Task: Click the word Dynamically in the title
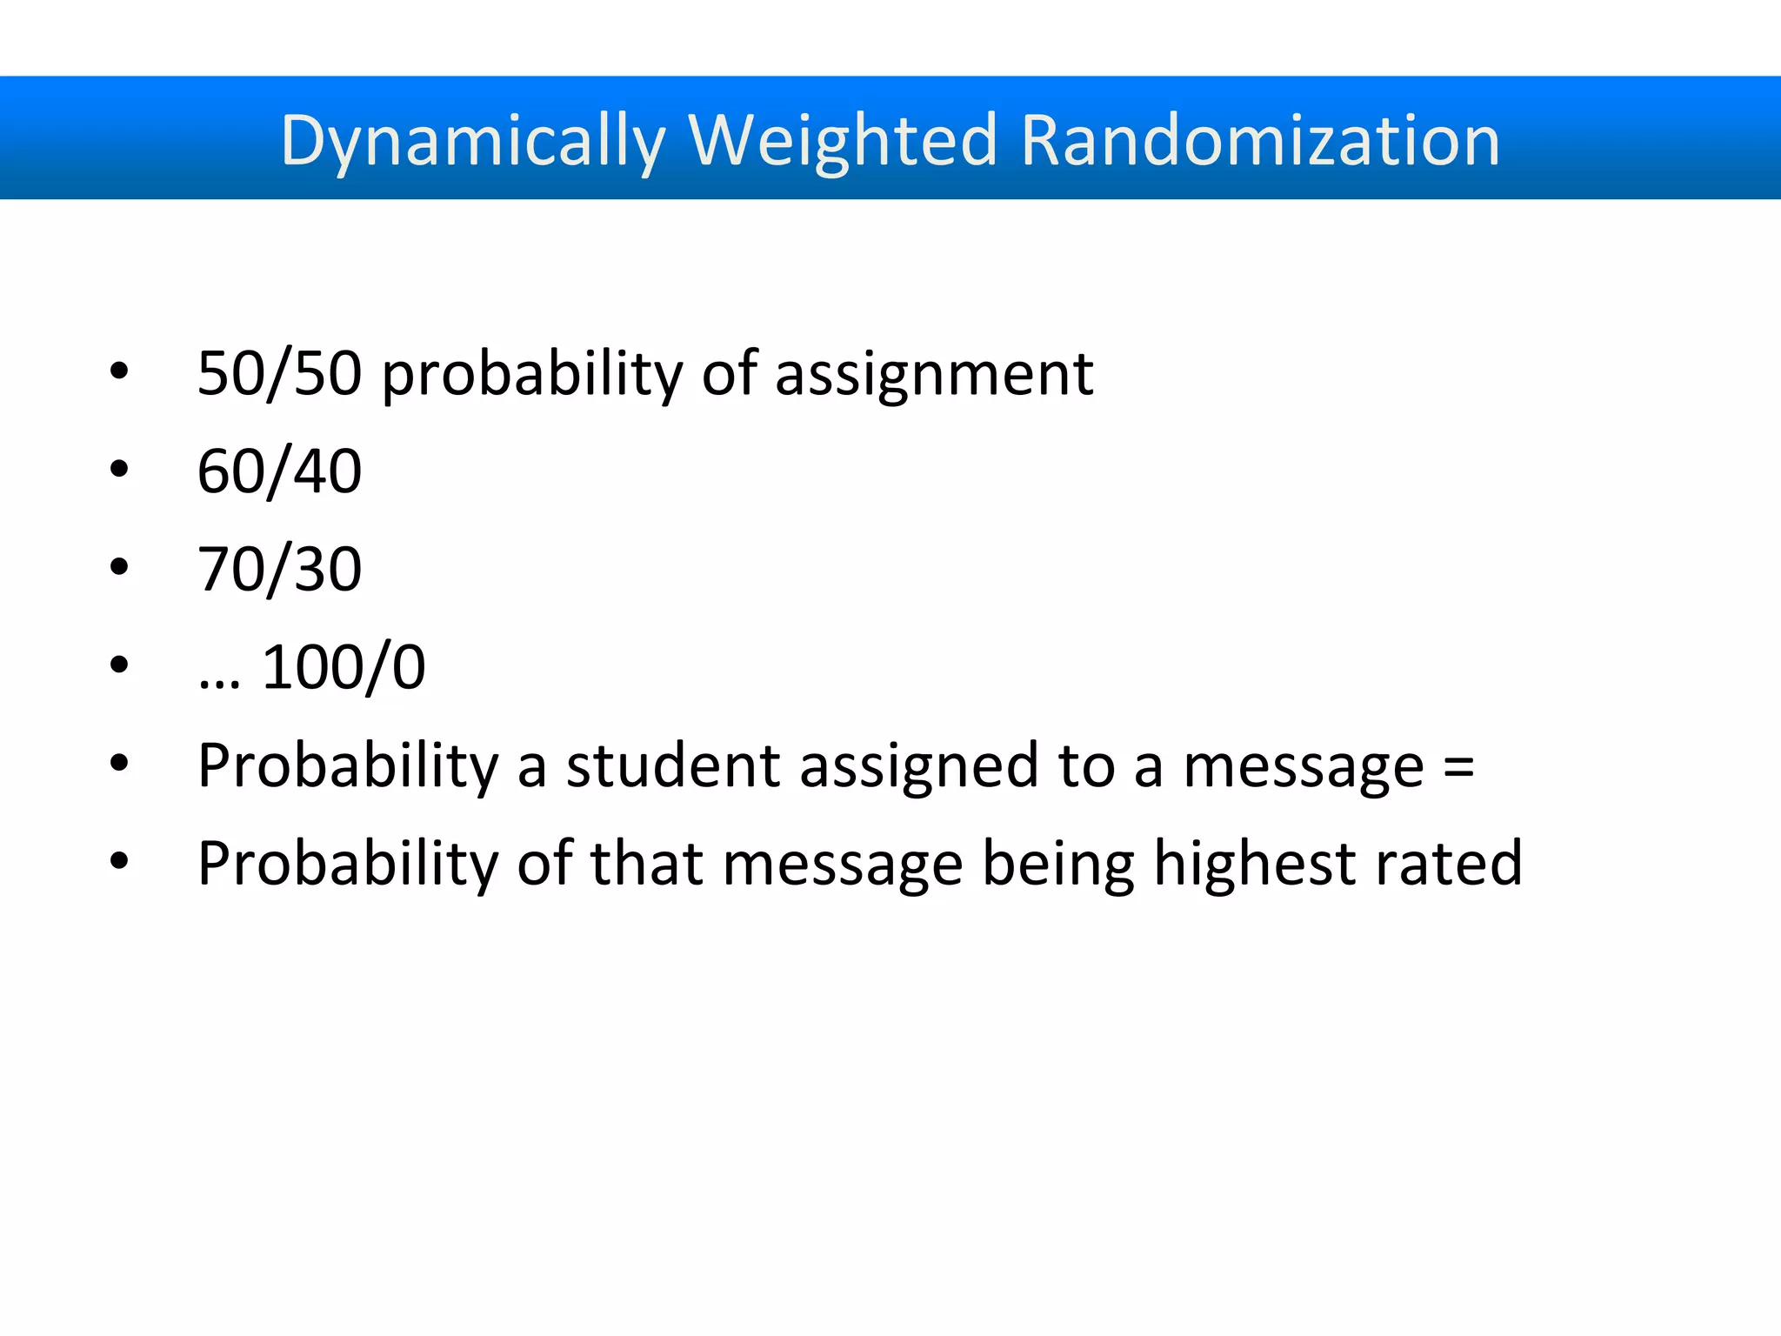coord(472,141)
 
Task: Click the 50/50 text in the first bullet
coord(279,373)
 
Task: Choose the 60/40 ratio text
coord(279,471)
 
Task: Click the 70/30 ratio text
coord(279,570)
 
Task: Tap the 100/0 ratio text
coord(344,668)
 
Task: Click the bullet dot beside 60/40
coord(119,470)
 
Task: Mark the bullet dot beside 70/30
coord(119,568)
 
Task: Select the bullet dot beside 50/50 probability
coord(119,371)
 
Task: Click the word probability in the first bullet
coord(532,375)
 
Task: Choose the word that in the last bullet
coord(646,864)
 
